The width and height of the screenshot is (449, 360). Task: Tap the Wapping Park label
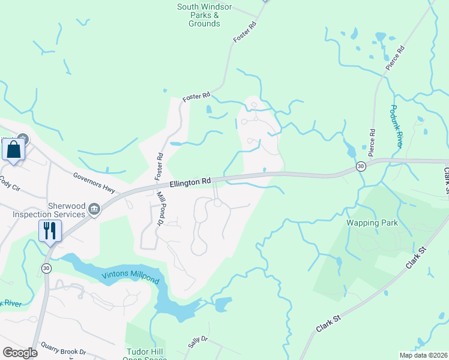point(372,223)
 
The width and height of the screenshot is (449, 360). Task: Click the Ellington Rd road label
point(190,181)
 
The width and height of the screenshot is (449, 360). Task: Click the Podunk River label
point(395,126)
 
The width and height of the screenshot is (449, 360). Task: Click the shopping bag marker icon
point(14,150)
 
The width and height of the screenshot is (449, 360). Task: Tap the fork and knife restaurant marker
point(50,230)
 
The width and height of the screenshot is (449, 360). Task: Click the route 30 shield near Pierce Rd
point(360,166)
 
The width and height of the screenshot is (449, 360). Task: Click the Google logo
point(20,353)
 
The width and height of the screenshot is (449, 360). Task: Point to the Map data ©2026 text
point(423,355)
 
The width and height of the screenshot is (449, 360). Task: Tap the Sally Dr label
point(197,343)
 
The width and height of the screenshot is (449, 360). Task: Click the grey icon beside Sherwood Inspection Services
point(94,209)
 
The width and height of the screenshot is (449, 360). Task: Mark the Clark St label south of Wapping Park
point(328,324)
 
